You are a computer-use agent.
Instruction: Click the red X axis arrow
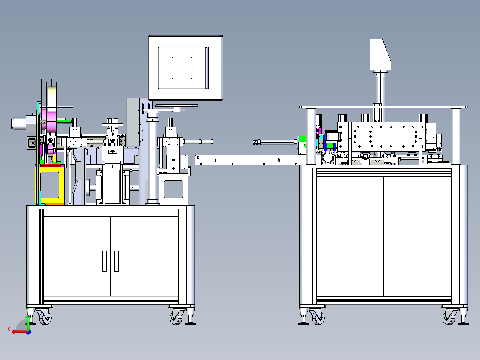(x=19, y=331)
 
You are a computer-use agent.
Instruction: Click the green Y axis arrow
(x=28, y=323)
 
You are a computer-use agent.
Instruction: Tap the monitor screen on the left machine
(x=183, y=68)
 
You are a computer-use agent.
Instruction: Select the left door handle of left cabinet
(x=105, y=261)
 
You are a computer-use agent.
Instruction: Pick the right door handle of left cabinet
(x=117, y=261)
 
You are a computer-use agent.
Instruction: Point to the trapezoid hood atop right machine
(x=380, y=54)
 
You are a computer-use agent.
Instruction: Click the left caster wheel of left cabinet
(x=45, y=317)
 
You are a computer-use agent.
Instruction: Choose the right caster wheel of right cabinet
(x=449, y=317)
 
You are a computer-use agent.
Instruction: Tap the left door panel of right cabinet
(x=350, y=237)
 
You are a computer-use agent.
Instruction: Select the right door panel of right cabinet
(x=417, y=237)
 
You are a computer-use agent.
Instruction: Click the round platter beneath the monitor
(x=177, y=106)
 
